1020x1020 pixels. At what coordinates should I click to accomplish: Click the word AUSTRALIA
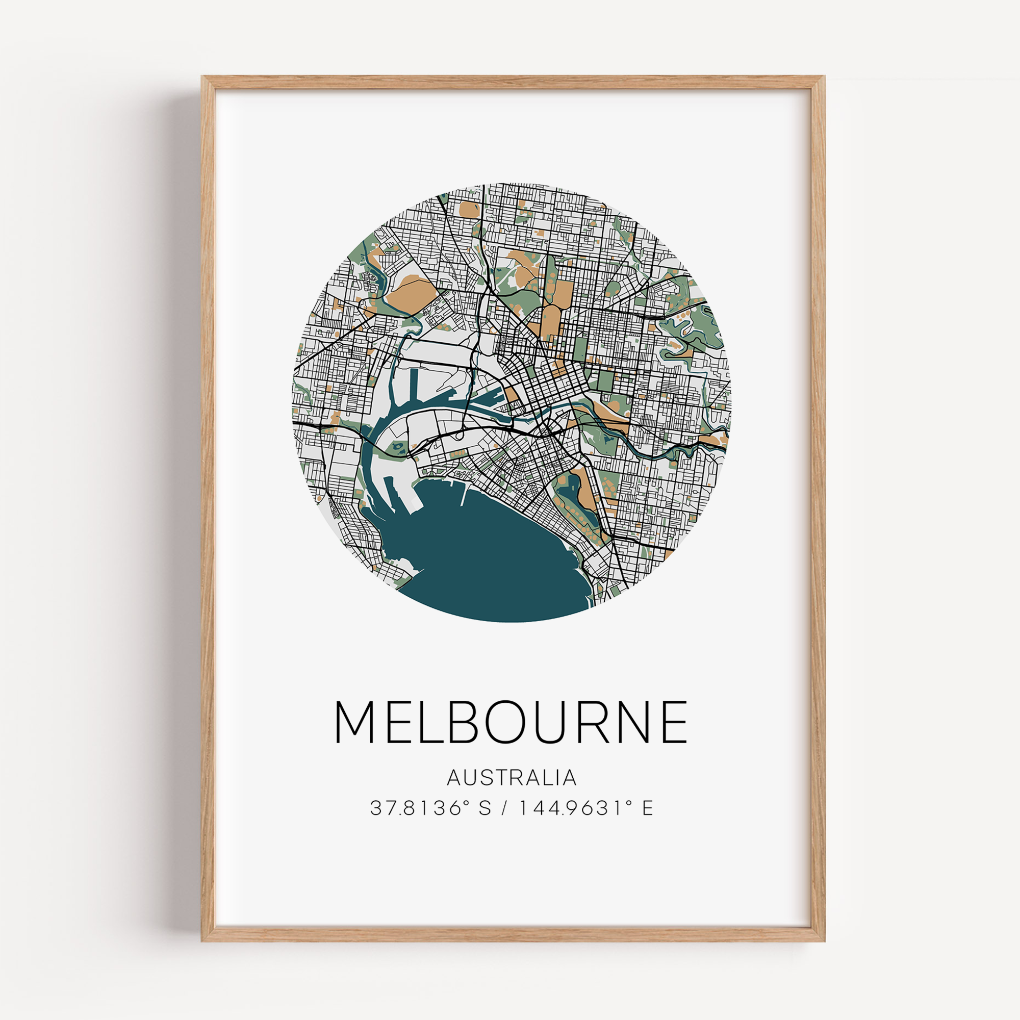click(x=511, y=778)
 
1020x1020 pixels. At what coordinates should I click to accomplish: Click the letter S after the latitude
click(x=484, y=808)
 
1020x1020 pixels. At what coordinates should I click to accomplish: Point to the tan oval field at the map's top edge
click(x=469, y=209)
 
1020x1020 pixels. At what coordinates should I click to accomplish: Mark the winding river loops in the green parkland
click(x=686, y=330)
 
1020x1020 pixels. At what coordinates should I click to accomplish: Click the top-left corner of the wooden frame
click(x=203, y=78)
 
